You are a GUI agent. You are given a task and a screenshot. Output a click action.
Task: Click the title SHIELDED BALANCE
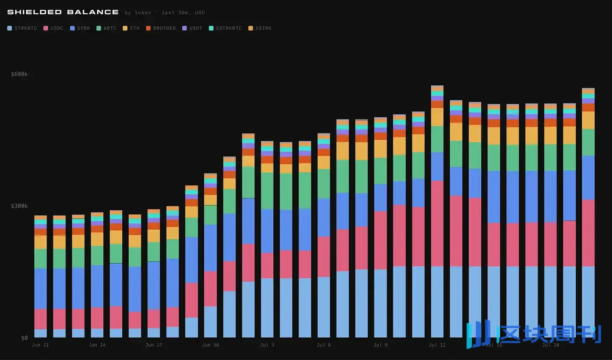tap(63, 12)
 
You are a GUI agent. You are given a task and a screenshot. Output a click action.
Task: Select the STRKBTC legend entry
tap(22, 28)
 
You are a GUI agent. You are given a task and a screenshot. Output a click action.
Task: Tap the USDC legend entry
tap(53, 28)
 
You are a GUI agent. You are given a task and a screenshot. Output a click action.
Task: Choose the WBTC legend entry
tap(106, 28)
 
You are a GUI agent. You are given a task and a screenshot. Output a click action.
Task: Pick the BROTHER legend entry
tap(161, 28)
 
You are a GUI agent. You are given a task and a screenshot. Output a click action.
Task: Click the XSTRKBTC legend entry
tap(225, 28)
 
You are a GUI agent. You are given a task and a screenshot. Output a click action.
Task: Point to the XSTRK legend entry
tap(260, 28)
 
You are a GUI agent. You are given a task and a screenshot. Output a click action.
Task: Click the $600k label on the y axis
tap(19, 74)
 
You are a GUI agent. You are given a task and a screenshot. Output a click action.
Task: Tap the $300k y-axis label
tap(19, 206)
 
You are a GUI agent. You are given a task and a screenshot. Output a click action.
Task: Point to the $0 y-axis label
tap(24, 338)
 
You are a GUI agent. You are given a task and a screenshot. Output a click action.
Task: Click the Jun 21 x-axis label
tap(40, 345)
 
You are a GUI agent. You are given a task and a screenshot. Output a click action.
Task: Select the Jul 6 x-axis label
tap(324, 345)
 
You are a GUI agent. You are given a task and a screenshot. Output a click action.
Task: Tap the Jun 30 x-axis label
tap(210, 345)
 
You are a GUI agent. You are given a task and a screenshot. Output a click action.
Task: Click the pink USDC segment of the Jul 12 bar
tap(437, 224)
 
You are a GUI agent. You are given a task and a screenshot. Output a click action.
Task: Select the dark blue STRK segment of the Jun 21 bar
tap(40, 289)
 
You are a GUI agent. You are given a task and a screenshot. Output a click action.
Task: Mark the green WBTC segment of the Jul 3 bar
tap(267, 191)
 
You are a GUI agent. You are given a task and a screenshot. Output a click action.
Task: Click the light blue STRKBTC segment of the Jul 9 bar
tap(380, 303)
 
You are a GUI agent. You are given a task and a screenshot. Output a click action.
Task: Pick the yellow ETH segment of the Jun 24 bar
tap(97, 239)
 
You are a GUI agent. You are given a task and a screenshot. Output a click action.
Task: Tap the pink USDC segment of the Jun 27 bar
tap(154, 319)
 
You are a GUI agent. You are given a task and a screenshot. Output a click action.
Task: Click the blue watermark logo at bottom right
tap(534, 334)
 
